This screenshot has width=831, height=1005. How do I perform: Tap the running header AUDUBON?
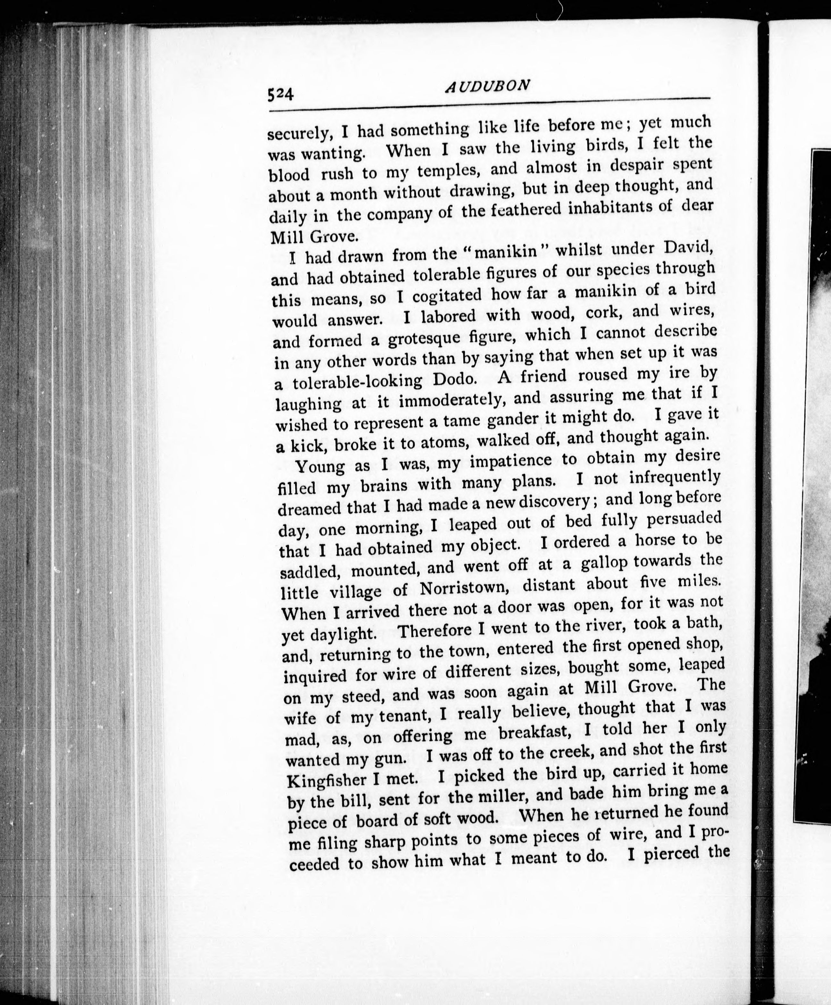point(487,86)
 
